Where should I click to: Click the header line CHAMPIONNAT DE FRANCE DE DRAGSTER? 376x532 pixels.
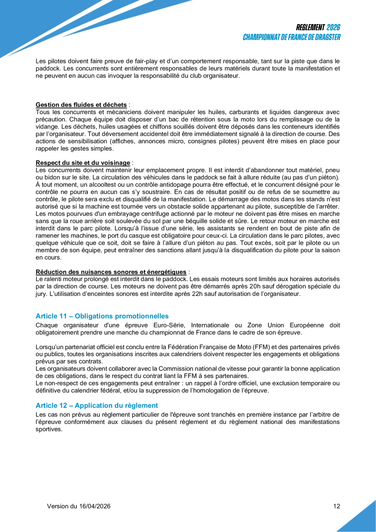tap(292, 37)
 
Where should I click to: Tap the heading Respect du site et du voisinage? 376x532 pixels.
tap(83, 162)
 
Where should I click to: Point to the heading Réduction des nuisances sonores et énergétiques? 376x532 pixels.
tap(111, 272)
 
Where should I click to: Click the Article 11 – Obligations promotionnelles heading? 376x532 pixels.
tap(102, 316)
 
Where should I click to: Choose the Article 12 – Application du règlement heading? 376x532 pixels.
tap(97, 405)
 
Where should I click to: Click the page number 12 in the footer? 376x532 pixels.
tap(336, 506)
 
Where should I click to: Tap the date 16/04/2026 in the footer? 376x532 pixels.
tap(95, 506)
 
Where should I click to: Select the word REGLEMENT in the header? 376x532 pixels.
tap(310, 27)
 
